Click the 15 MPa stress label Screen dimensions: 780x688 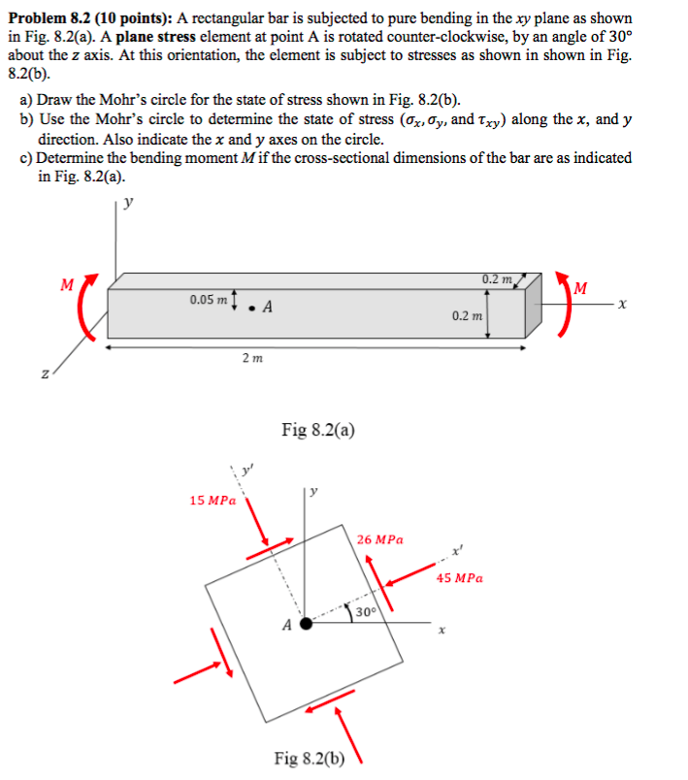coord(213,501)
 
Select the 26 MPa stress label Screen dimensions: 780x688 coord(379,538)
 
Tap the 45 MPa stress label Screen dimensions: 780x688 coord(459,578)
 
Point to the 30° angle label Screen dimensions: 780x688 coord(365,612)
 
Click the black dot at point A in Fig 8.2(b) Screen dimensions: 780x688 coord(306,624)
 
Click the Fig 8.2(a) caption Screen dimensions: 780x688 coord(317,429)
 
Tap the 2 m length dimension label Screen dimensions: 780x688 coord(250,359)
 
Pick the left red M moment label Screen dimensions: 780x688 coord(67,285)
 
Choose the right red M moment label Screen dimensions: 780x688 coord(580,287)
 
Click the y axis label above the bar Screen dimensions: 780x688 coord(129,203)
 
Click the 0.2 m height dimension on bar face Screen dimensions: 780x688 coord(465,316)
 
